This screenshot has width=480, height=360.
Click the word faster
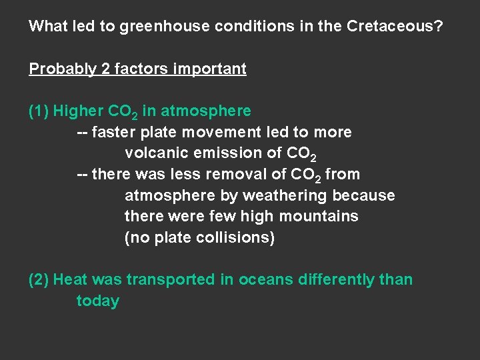tap(113, 132)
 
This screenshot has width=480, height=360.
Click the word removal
tap(251, 174)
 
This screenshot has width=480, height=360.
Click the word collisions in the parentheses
tap(238, 237)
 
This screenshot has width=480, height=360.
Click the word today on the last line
tap(97, 301)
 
